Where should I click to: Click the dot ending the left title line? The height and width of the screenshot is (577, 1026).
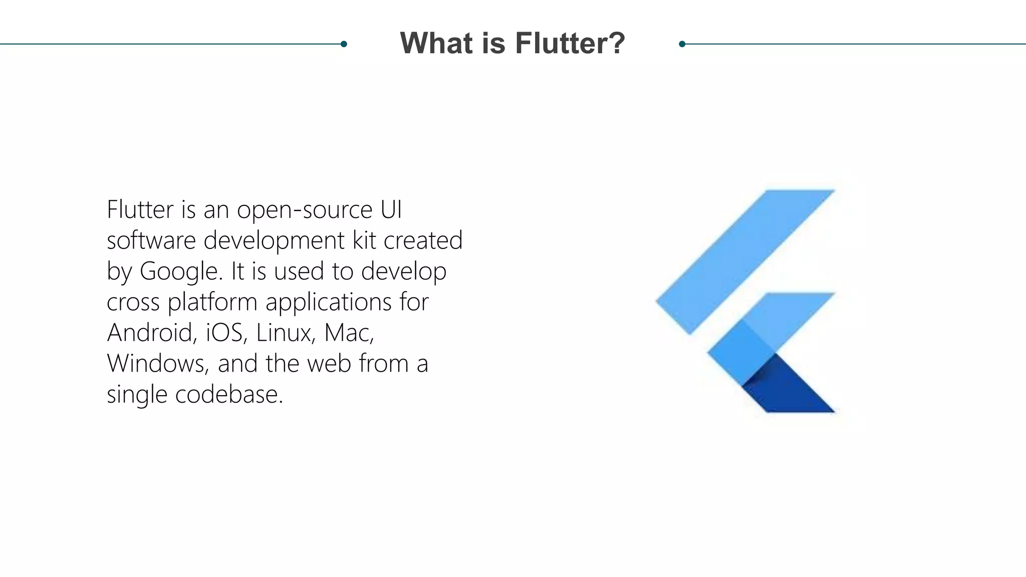[344, 44]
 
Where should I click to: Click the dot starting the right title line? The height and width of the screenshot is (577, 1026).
[682, 44]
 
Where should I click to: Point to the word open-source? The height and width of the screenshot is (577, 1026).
[305, 210]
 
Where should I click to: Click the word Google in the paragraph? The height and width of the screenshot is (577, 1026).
[179, 271]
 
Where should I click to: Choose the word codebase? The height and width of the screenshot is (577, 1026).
[229, 395]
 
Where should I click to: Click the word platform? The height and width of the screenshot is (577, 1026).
[212, 303]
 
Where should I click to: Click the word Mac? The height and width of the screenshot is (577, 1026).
[349, 333]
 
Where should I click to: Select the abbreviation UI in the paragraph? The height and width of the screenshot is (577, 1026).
[391, 210]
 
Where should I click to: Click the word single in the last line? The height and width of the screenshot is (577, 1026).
[137, 395]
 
